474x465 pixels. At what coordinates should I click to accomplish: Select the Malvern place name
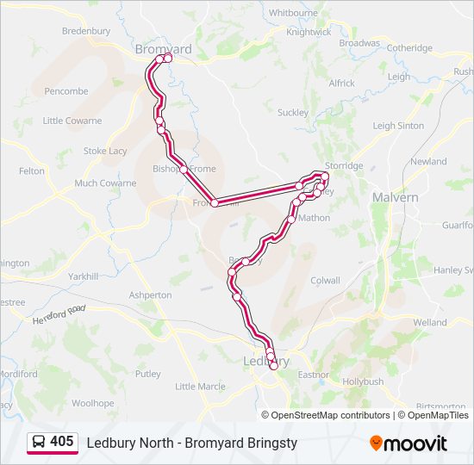pyautogui.click(x=395, y=197)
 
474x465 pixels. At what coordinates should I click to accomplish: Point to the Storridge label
pyautogui.click(x=344, y=165)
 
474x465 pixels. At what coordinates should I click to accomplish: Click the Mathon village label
pyautogui.click(x=314, y=218)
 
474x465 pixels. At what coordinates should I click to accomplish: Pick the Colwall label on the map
pyautogui.click(x=325, y=280)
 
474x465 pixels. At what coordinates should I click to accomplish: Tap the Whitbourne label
pyautogui.click(x=293, y=13)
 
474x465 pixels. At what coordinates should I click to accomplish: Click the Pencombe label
pyautogui.click(x=65, y=90)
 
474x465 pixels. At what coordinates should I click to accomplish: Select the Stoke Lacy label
pyautogui.click(x=105, y=151)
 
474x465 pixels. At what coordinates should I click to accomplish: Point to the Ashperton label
pyautogui.click(x=150, y=294)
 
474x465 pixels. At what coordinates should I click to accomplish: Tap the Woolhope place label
pyautogui.click(x=92, y=402)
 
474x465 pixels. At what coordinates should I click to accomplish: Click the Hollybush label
pyautogui.click(x=363, y=381)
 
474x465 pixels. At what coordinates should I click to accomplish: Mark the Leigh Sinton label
pyautogui.click(x=398, y=125)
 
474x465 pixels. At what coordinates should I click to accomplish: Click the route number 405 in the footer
pyautogui.click(x=61, y=441)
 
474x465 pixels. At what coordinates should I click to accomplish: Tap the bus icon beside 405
pyautogui.click(x=39, y=442)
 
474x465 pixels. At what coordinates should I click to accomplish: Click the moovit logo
pyautogui.click(x=409, y=443)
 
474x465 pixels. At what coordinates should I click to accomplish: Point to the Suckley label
pyautogui.click(x=292, y=112)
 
